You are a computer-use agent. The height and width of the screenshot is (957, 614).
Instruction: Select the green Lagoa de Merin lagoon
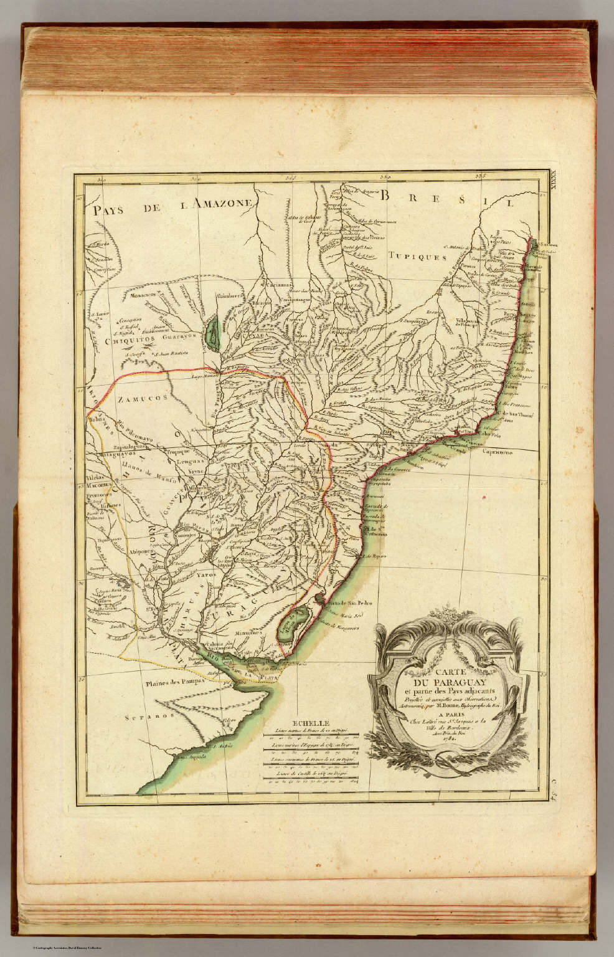(x=288, y=624)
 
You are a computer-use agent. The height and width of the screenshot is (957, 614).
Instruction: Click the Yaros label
(x=204, y=576)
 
